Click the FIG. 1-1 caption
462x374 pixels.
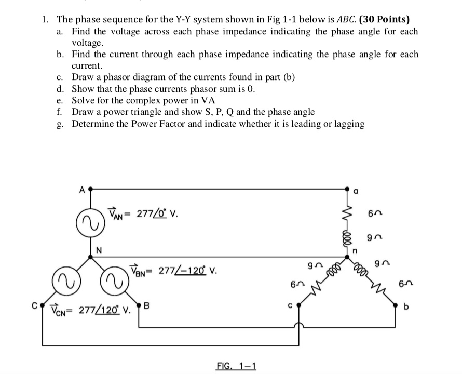tap(235, 366)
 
